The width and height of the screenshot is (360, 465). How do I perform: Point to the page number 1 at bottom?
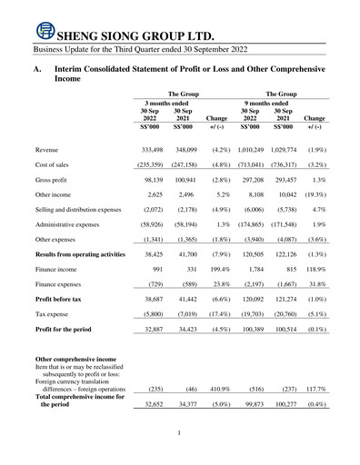(180, 434)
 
